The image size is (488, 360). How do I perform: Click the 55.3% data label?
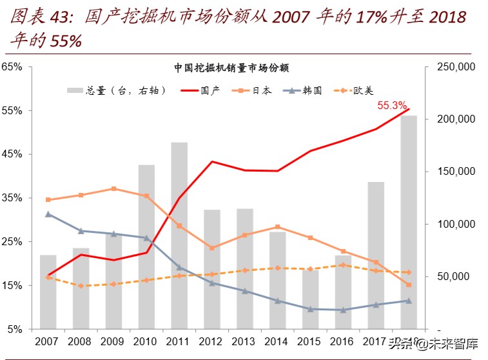[392, 105]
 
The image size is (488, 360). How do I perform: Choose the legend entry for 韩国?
[306, 90]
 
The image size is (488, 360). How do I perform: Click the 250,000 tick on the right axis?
[456, 66]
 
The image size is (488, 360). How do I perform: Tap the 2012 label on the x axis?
[211, 341]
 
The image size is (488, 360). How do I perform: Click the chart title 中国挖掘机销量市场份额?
[231, 67]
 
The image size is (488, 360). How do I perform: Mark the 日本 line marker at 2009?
[113, 189]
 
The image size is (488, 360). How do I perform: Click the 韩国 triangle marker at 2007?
[48, 214]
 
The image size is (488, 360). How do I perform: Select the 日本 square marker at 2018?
[409, 285]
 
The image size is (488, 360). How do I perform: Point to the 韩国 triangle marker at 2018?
[409, 301]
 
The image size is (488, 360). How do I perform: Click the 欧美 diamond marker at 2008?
[81, 285]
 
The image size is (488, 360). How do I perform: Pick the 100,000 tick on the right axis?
[456, 224]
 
